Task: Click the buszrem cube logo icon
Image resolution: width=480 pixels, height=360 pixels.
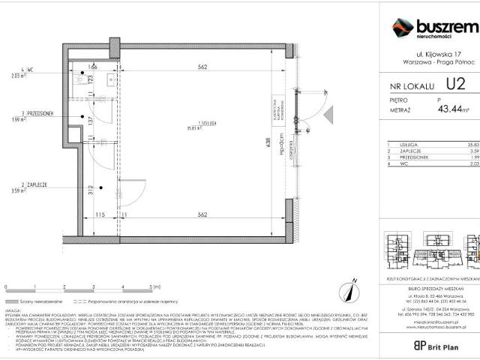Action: [x=403, y=28]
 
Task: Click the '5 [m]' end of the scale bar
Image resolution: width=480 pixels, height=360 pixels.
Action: [x=154, y=287]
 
